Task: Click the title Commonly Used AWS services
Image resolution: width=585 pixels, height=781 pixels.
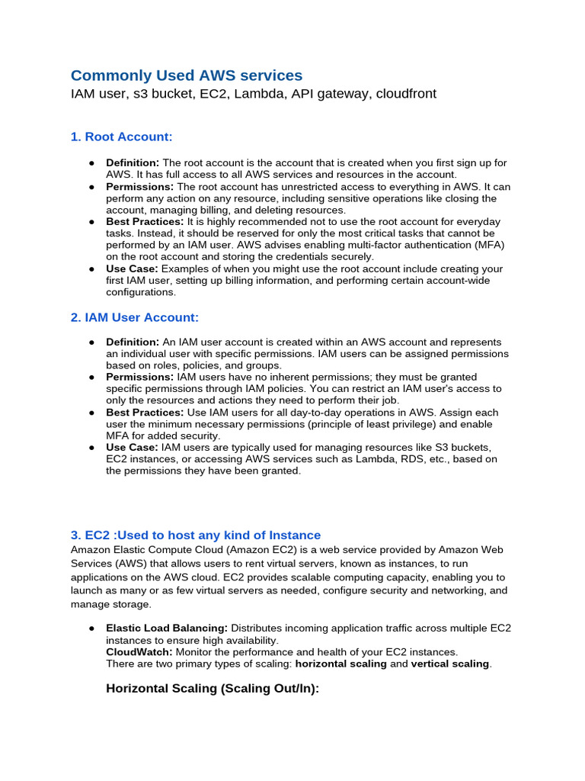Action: click(187, 75)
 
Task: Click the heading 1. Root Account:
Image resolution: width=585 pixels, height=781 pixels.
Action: click(121, 137)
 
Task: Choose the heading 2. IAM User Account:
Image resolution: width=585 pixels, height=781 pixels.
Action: click(134, 317)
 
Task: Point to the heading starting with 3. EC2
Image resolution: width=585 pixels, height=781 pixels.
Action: click(196, 535)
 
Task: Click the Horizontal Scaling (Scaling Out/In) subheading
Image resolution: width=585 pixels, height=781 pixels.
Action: click(213, 688)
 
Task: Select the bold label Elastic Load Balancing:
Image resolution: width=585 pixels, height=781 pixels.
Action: click(167, 628)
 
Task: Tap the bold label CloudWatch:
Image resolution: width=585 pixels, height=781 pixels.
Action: click(139, 652)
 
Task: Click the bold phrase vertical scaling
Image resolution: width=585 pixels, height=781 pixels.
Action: click(449, 664)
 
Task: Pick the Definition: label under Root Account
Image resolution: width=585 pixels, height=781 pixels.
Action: click(133, 162)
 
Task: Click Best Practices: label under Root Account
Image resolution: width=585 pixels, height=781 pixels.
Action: click(145, 221)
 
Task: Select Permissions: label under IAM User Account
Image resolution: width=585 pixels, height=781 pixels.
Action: click(140, 377)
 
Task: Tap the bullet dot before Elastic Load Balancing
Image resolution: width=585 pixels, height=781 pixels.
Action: click(91, 628)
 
